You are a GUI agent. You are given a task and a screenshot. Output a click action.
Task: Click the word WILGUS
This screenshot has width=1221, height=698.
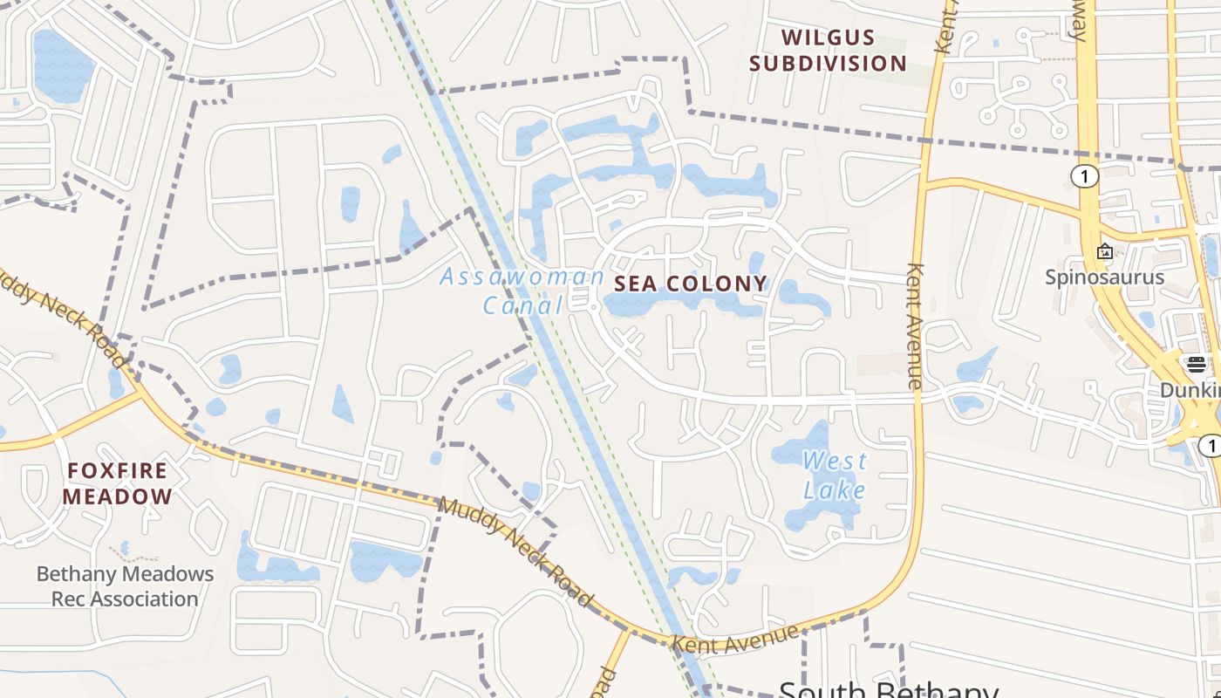click(828, 38)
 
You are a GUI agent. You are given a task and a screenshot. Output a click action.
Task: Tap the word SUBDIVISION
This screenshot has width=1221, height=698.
click(828, 63)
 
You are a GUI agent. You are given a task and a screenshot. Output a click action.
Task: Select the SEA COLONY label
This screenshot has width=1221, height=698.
click(691, 284)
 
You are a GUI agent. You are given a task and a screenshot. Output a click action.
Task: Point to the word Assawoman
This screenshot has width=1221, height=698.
click(522, 277)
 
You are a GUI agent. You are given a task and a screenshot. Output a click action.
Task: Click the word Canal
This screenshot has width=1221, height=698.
click(523, 305)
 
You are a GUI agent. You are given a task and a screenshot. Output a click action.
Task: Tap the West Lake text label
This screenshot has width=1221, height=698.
click(835, 475)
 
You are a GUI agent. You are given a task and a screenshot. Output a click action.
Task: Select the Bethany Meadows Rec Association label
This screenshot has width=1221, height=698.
click(125, 586)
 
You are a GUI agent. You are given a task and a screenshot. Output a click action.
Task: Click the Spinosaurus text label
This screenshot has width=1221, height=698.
click(1105, 277)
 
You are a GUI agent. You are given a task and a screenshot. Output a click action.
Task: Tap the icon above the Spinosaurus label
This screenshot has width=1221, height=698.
click(1105, 251)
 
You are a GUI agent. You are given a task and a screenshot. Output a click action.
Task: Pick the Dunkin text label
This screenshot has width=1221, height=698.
click(1190, 390)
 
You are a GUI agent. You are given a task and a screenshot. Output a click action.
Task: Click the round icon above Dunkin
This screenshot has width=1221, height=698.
click(1196, 365)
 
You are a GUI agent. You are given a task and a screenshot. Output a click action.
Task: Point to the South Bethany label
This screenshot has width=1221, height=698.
click(888, 689)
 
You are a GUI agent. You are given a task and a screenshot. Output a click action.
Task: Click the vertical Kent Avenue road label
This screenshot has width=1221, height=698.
click(914, 325)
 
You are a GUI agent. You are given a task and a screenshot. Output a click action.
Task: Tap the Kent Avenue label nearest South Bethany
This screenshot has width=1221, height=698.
click(737, 638)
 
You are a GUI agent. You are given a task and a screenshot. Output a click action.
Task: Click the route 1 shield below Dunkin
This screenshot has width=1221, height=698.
click(1210, 446)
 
